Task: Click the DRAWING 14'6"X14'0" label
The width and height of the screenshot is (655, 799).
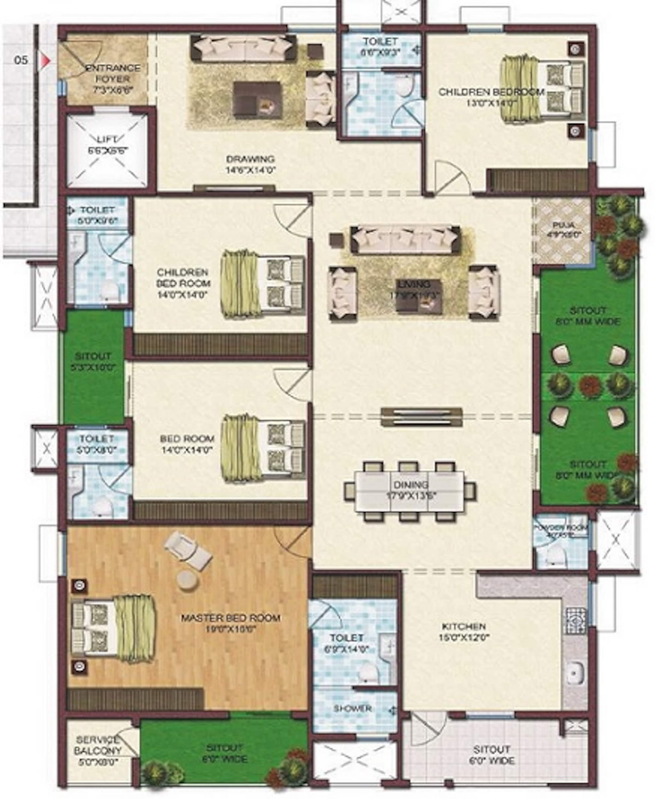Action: click(x=251, y=164)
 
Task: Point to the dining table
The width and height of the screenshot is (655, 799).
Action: click(x=410, y=490)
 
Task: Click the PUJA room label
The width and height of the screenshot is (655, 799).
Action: click(x=564, y=229)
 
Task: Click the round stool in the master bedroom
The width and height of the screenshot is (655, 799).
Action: click(x=187, y=580)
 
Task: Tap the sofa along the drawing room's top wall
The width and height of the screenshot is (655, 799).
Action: click(x=243, y=48)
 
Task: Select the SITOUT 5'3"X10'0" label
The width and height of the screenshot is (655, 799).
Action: click(x=93, y=362)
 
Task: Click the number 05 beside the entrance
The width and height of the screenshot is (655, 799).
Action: click(x=21, y=60)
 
